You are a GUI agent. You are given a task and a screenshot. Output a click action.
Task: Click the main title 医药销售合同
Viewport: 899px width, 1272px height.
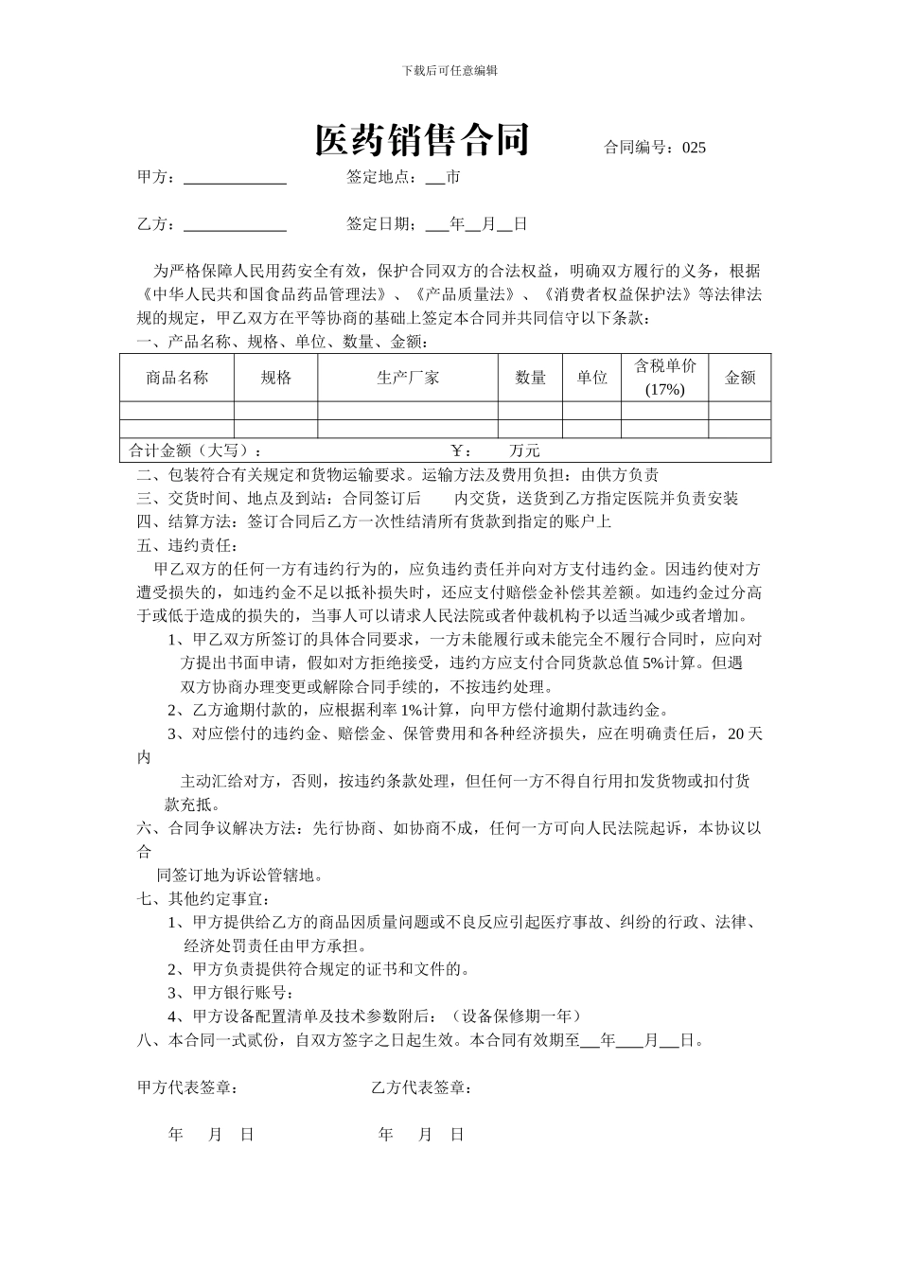[422, 140]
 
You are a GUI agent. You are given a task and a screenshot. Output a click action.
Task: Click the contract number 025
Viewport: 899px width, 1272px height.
[694, 148]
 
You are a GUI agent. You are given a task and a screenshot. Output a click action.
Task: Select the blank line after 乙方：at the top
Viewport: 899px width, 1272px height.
[235, 225]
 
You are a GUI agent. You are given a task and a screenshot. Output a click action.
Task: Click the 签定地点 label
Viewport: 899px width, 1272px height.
[380, 177]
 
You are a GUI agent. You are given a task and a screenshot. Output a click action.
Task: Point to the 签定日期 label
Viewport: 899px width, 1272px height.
[380, 224]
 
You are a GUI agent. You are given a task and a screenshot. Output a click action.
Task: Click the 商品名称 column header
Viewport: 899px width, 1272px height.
[177, 378]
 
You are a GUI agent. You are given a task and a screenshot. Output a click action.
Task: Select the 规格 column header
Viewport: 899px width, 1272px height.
[276, 378]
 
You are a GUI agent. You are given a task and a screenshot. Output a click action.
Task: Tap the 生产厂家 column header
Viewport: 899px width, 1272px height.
[408, 378]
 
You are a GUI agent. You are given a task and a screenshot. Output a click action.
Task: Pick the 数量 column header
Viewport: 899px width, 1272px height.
[531, 378]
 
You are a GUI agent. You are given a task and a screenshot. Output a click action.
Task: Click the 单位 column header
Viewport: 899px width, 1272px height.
[592, 378]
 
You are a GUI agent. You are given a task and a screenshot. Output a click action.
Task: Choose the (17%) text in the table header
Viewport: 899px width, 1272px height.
[664, 390]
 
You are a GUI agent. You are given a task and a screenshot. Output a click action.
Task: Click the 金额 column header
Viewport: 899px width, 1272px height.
[740, 378]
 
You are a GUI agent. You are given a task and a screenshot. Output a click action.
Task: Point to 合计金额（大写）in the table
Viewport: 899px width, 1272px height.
[195, 450]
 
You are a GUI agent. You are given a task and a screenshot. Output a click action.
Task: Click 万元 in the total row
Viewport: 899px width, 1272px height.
[524, 450]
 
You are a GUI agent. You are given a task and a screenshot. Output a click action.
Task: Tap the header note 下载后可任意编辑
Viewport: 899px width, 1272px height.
[449, 70]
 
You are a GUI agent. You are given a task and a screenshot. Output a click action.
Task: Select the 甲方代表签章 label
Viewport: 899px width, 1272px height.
[187, 1088]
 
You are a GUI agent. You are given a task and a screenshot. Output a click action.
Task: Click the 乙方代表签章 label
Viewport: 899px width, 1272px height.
[422, 1088]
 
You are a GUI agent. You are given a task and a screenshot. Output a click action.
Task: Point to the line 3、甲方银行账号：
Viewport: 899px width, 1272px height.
[231, 992]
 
